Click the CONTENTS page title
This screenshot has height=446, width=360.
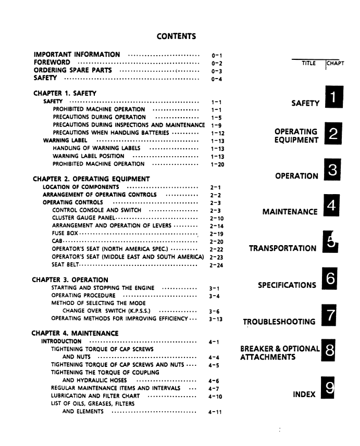[x=176, y=36]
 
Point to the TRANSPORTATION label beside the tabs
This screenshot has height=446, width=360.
[x=282, y=248]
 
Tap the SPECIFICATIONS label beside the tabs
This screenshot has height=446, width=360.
[x=287, y=285]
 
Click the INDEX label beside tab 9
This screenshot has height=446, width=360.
[x=304, y=394]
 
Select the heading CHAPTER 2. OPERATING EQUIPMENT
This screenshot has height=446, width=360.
[x=91, y=179]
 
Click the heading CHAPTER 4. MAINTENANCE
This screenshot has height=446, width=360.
[x=75, y=333]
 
